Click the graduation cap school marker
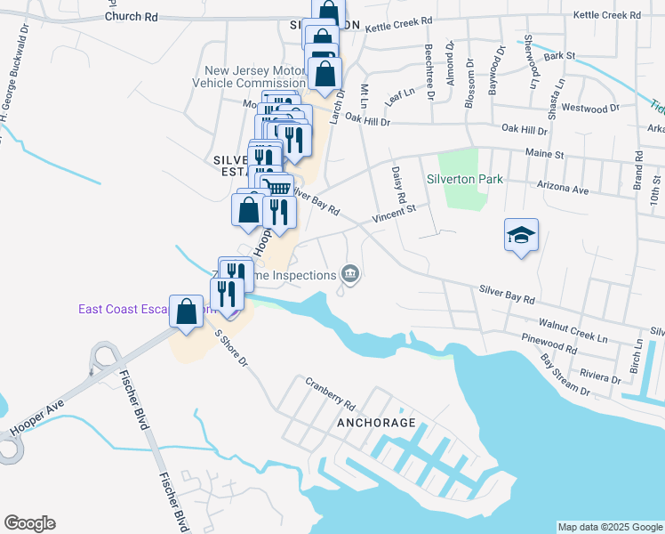521,236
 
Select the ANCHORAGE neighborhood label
376,423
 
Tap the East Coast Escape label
124,309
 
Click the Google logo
29,523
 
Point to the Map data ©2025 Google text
609,527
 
